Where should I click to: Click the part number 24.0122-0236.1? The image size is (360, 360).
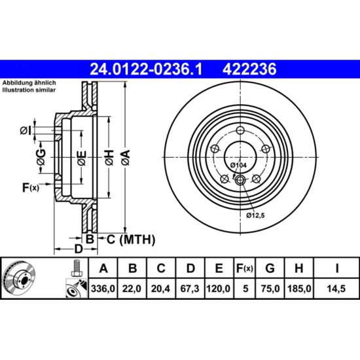tap(146, 69)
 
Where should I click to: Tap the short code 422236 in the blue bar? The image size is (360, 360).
tap(249, 69)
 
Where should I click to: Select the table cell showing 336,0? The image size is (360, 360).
tap(103, 289)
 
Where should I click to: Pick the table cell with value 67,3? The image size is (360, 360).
tap(190, 289)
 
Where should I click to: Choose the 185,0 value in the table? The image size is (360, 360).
tap(299, 289)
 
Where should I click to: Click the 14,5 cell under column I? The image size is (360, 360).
tap(336, 289)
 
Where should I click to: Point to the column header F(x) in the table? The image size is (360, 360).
tap(245, 268)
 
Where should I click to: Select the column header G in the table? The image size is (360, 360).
tap(270, 268)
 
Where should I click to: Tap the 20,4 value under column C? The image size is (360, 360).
tap(160, 289)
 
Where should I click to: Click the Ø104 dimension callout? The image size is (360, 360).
tap(238, 165)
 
